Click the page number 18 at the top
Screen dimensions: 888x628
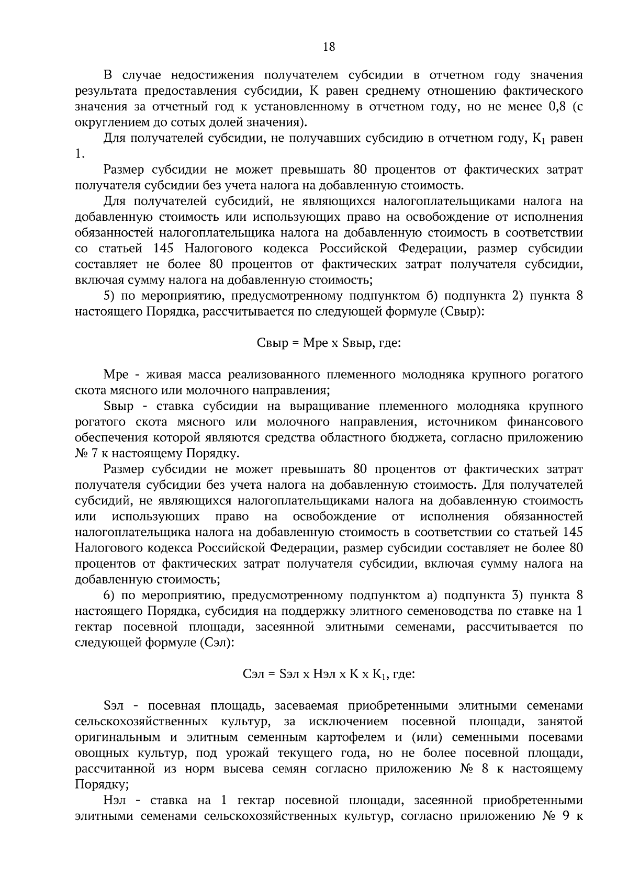click(x=329, y=47)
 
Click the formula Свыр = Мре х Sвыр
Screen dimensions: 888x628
click(x=329, y=343)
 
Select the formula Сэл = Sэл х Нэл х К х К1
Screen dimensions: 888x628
click(x=329, y=675)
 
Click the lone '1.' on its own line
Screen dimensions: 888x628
click(x=80, y=154)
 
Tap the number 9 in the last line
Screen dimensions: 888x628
click(x=565, y=816)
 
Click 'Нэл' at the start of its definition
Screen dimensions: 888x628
click(x=116, y=801)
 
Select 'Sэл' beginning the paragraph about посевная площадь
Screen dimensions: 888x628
click(x=114, y=706)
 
